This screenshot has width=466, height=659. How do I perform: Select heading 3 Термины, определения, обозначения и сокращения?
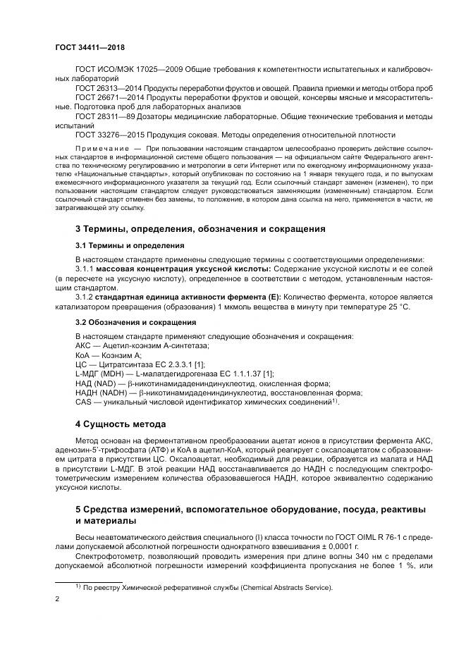[x=200, y=229]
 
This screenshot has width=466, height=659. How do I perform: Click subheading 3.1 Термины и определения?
[x=130, y=246]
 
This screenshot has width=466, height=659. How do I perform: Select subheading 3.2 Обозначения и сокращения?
[x=135, y=322]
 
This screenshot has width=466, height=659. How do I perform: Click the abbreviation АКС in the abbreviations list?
[x=84, y=345]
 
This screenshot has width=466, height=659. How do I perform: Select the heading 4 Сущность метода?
[x=120, y=424]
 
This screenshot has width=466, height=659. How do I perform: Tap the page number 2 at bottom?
[x=57, y=600]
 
